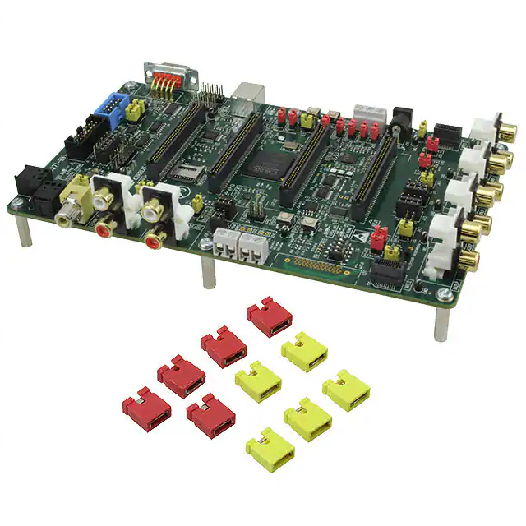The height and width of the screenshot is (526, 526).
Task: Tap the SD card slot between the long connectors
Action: point(188,173)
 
